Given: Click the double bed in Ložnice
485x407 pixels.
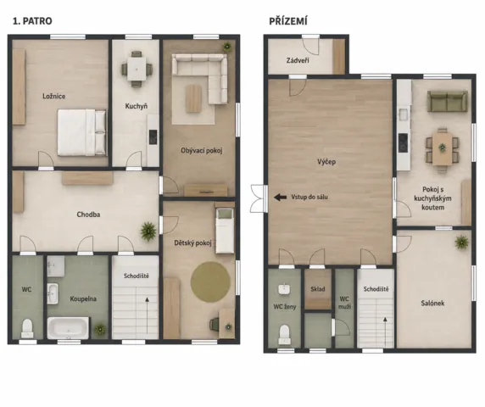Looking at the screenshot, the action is coord(82,132).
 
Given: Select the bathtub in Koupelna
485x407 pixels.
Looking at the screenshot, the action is coord(69,328).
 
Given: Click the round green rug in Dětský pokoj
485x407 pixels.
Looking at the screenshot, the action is coord(210,282).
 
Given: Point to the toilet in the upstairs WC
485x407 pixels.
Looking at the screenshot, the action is coord(27,328).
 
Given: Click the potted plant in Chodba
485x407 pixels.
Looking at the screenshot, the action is coord(148,231).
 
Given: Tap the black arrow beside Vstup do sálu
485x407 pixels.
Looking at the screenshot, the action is coord(281,197).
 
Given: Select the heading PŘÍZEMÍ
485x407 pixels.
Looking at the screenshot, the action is coord(288,21).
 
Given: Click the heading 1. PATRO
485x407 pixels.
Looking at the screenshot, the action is coord(32,21).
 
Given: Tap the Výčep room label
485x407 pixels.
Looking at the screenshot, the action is coord(326,162).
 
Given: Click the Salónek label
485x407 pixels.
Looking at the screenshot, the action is coord(432,303).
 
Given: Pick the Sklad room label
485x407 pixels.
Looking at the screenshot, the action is coord(318,289).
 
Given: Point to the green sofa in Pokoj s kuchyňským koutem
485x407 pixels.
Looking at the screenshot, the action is coord(447,101).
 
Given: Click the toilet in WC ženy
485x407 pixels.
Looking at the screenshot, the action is coord(284,334).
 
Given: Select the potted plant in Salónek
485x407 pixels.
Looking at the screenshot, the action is coord(461,242).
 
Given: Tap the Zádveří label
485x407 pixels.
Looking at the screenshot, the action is coord(298,60).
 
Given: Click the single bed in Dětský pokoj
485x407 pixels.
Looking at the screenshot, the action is coord(225,231).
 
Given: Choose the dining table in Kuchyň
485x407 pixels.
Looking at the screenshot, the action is coord(137,70).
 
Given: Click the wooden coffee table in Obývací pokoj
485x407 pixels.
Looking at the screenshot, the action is coord(194,98).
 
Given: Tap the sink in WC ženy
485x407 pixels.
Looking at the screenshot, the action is coord(284,289).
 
